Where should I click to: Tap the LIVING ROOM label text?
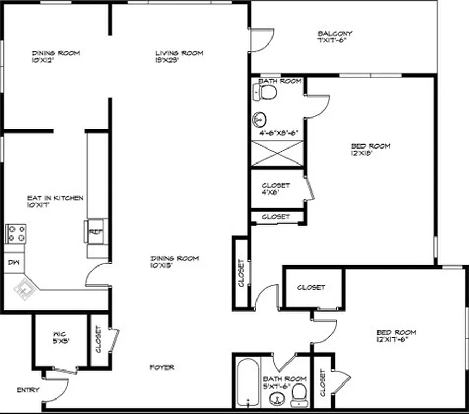coord(179,53)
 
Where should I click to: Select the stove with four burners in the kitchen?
coord(16,233)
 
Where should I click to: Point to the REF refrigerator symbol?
coord(96,232)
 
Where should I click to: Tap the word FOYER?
coord(162,367)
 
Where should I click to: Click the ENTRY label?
coord(28,390)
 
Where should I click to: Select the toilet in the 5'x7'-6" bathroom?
coord(298,396)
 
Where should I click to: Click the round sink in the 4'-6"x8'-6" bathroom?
coord(259,120)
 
